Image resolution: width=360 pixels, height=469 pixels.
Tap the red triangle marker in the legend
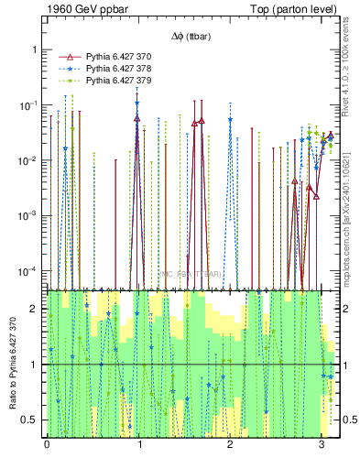[71, 57]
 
